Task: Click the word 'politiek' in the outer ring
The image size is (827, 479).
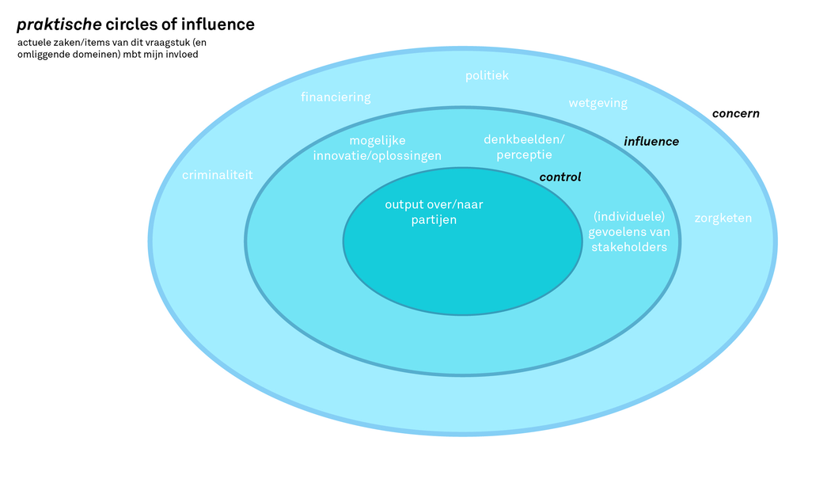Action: pos(487,76)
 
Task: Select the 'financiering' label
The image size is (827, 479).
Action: pos(336,97)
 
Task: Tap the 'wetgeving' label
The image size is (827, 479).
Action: pos(597,103)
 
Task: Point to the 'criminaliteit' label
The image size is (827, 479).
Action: pos(218,175)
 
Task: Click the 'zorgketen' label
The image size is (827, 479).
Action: pos(723,218)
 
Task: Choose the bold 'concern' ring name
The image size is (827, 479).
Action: pos(735,113)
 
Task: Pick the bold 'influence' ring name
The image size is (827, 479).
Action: pos(651,142)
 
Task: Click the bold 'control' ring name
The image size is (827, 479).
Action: pos(560,177)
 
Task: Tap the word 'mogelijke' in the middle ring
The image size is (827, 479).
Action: pos(377,140)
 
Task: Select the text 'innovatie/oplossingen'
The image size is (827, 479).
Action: pos(377,155)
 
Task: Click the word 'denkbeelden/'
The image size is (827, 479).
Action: pos(524,139)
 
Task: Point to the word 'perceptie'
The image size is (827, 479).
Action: pos(524,154)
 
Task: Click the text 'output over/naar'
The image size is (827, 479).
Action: pos(434,204)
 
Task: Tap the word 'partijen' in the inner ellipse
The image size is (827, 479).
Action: pos(434,220)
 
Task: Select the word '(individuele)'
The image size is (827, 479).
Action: pos(628,216)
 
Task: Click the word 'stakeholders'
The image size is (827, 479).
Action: pos(629,247)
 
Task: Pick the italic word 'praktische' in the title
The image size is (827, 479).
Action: pos(59,25)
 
